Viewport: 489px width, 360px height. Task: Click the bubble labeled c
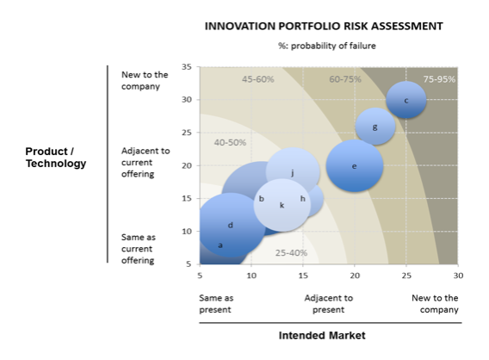coord(406,100)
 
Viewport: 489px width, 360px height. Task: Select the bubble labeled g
coord(375,127)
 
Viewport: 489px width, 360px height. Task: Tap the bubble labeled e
coord(355,165)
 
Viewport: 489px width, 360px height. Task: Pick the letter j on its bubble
coord(293,173)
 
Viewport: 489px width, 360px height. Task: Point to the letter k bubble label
coord(282,205)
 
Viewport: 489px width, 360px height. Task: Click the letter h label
coord(302,198)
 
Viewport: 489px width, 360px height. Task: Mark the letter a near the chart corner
coord(220,245)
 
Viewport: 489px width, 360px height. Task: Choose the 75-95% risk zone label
coord(439,79)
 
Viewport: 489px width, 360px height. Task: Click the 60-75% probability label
coord(345,79)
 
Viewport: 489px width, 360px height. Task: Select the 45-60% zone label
coord(258,79)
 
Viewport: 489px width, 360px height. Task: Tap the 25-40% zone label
coord(291,252)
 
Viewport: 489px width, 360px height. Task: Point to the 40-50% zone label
coord(230,143)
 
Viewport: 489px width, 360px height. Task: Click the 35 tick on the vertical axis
coord(187,67)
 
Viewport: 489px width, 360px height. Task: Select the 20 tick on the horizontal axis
coord(355,276)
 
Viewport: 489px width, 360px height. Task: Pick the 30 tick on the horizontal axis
coord(458,276)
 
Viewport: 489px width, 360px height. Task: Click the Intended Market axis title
coord(322,335)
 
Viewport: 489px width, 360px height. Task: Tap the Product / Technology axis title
coord(56,158)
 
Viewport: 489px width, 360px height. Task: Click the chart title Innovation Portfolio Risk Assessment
coord(324,26)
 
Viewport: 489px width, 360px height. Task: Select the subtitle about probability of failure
coord(327,46)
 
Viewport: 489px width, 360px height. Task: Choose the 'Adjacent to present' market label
coord(329,304)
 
